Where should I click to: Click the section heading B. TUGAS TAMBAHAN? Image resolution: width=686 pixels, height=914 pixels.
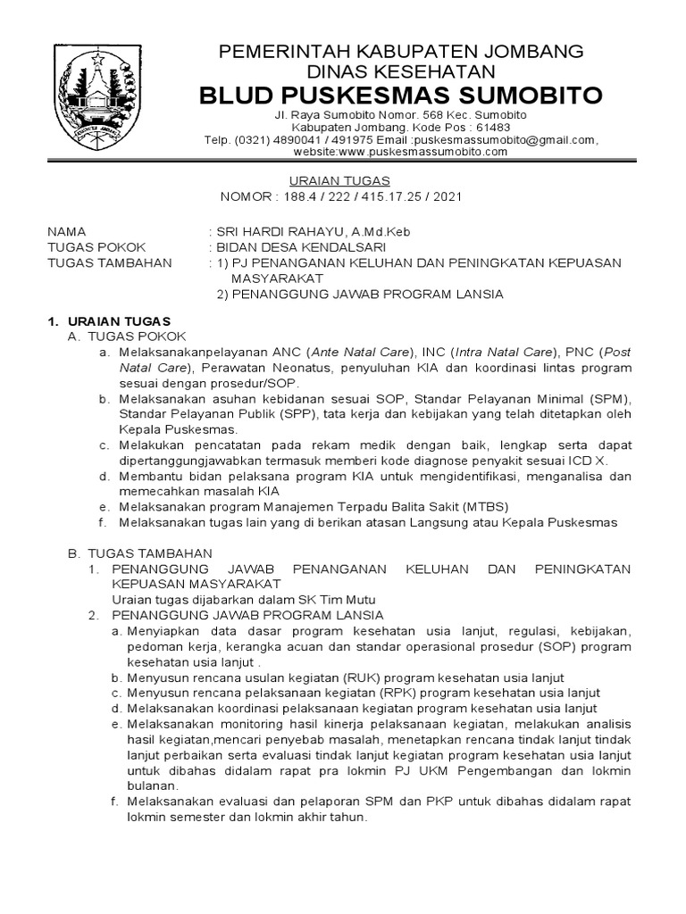click(x=140, y=553)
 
